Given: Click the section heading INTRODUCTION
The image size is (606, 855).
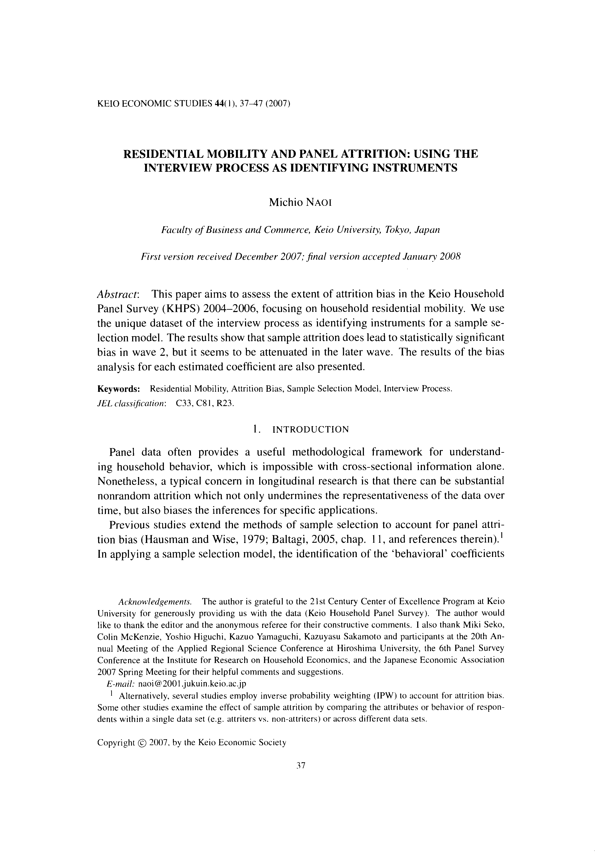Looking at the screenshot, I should coord(311,430).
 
